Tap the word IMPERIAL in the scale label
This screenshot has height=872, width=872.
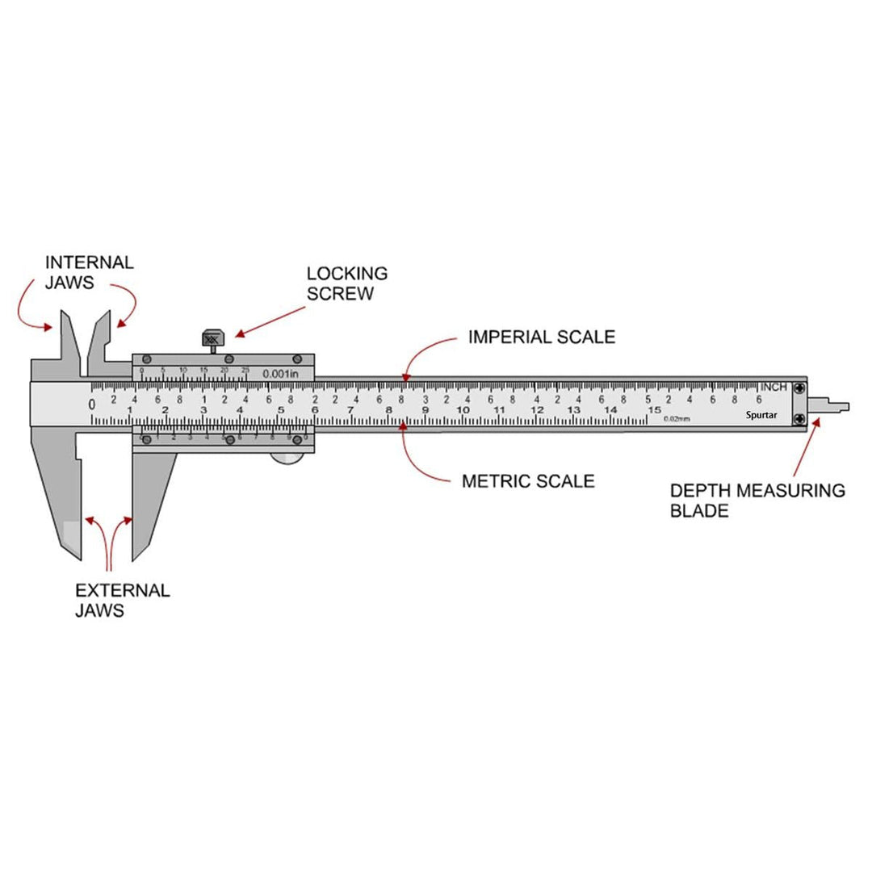pyautogui.click(x=505, y=336)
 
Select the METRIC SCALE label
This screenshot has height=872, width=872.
pyautogui.click(x=528, y=481)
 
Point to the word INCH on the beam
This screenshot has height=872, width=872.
pyautogui.click(x=773, y=388)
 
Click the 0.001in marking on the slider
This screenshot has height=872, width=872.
pyautogui.click(x=280, y=374)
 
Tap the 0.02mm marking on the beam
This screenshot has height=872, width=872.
pyautogui.click(x=677, y=418)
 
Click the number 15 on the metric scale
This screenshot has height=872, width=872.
pyautogui.click(x=654, y=410)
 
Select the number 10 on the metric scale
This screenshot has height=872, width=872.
pyautogui.click(x=463, y=410)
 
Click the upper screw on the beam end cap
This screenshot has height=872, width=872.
pyautogui.click(x=799, y=388)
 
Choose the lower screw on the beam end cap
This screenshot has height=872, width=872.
pyautogui.click(x=799, y=417)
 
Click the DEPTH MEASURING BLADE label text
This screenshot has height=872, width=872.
pyautogui.click(x=757, y=500)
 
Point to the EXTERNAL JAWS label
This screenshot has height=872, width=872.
pyautogui.click(x=122, y=600)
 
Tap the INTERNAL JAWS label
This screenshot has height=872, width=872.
pyautogui.click(x=89, y=272)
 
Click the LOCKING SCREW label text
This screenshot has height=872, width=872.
pyautogui.click(x=346, y=283)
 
